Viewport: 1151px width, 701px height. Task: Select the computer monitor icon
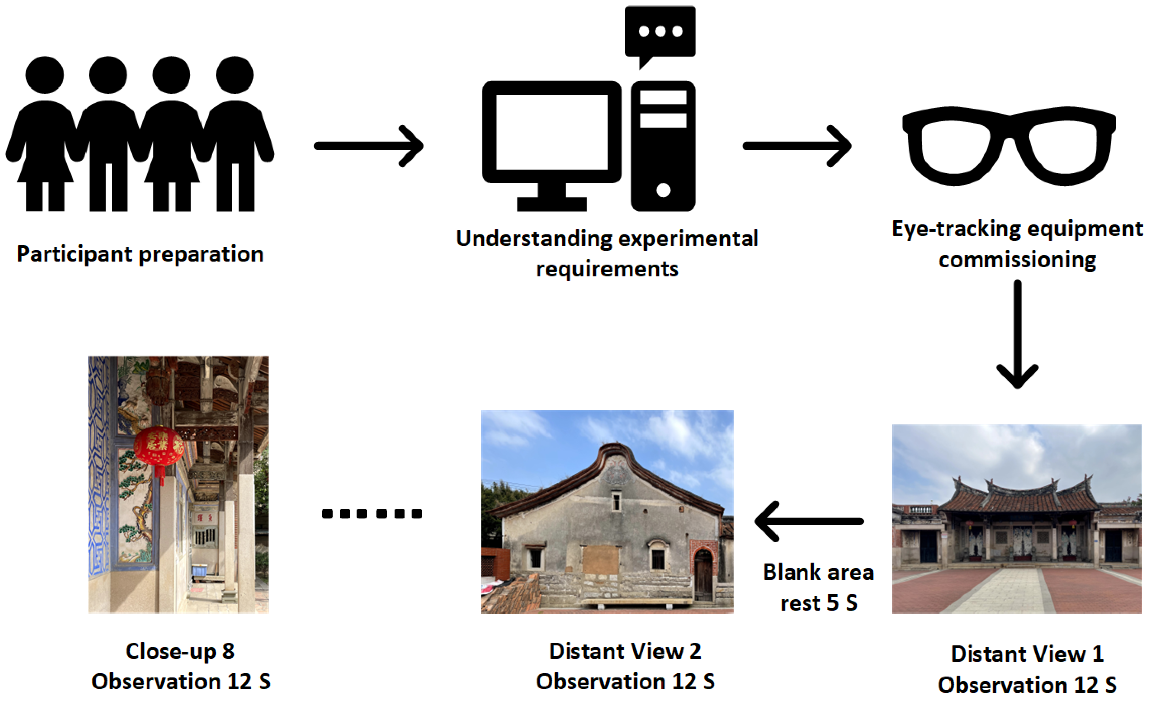552,140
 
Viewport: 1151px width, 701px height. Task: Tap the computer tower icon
663,146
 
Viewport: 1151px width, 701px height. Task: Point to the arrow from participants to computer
369,146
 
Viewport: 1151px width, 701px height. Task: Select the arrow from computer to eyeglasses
797,146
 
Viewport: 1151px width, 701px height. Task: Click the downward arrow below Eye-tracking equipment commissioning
1018,334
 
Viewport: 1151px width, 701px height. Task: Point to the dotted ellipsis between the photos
372,514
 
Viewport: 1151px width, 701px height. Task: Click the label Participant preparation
140,254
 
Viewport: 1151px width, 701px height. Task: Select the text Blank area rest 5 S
818,587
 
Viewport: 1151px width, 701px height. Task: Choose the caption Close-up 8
180,651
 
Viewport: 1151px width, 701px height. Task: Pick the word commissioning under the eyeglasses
1018,260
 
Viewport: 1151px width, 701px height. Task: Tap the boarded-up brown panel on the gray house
601,560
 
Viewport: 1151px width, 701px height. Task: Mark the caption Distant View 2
625,651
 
